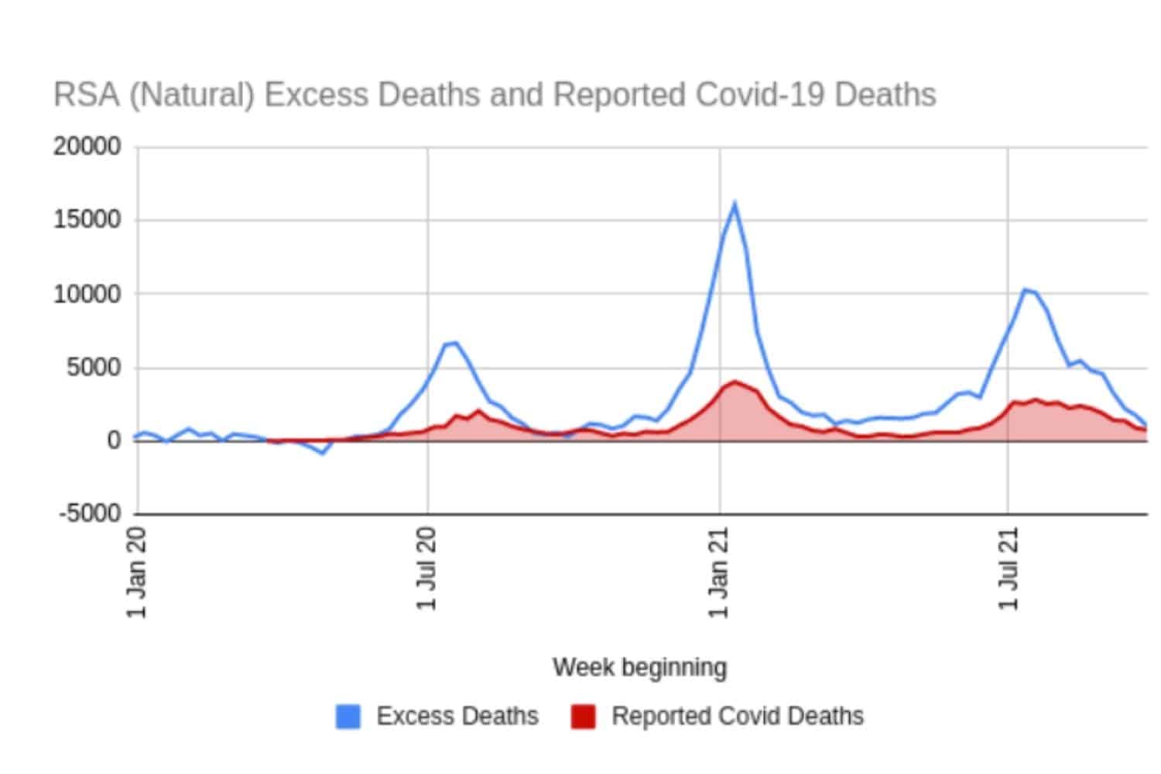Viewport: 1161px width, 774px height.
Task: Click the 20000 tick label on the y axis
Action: (87, 146)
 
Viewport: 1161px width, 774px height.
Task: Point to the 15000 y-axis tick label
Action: (87, 220)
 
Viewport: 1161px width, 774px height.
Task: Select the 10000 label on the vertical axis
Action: (87, 294)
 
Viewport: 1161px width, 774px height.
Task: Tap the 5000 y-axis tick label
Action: (94, 367)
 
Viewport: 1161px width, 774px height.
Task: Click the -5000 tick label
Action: (90, 513)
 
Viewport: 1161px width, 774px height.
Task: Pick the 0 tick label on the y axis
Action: (114, 440)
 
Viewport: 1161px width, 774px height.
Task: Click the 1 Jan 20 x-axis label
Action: (136, 572)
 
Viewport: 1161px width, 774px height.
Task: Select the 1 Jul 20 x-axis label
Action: (427, 569)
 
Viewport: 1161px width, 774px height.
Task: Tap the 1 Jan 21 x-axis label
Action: (719, 572)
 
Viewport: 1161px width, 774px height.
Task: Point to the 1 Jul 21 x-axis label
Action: (1009, 569)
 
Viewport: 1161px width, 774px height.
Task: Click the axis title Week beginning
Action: (639, 666)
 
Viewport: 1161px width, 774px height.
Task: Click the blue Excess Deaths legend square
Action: (348, 716)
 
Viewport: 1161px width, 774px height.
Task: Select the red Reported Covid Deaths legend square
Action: (583, 716)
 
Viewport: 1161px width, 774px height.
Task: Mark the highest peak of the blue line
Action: (734, 204)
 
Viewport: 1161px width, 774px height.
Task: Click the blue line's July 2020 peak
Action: (456, 343)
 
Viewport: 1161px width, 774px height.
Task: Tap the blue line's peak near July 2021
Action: (1025, 289)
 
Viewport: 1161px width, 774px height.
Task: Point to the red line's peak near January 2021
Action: (734, 381)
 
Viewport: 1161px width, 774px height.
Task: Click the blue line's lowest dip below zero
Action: (322, 453)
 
